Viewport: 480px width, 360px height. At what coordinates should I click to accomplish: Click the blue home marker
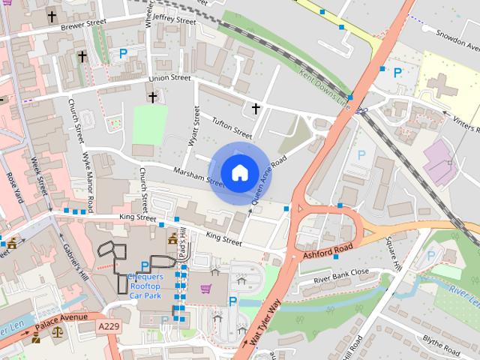tap(239, 173)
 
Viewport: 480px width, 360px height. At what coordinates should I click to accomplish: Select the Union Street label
tap(169, 77)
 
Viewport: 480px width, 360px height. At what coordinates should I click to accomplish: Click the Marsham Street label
tap(198, 175)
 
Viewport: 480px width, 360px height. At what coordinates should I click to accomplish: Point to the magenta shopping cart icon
tap(205, 288)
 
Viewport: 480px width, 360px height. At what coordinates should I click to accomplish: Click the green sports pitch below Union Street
tap(150, 124)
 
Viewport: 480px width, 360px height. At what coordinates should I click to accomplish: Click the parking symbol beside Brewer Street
tap(123, 54)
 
